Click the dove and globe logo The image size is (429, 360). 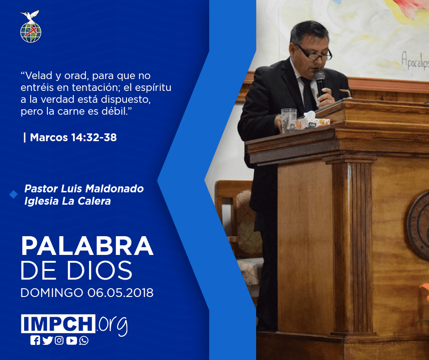[x=31, y=26]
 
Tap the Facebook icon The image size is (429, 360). [x=35, y=340]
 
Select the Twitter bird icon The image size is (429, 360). [x=47, y=340]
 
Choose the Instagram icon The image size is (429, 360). [x=59, y=340]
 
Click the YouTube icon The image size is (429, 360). [x=71, y=340]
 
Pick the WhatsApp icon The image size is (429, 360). [x=84, y=340]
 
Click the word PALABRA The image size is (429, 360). [x=87, y=246]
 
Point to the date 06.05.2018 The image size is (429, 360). [x=120, y=293]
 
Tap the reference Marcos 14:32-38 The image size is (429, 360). [x=73, y=137]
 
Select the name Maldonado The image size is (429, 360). [x=115, y=189]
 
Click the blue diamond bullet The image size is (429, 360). [x=13, y=195]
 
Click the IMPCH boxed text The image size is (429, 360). [x=58, y=323]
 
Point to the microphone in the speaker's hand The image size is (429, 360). [x=319, y=83]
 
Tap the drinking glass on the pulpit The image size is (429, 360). [x=288, y=120]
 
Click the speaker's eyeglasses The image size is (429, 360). [x=314, y=53]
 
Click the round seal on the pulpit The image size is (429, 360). [x=418, y=225]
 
